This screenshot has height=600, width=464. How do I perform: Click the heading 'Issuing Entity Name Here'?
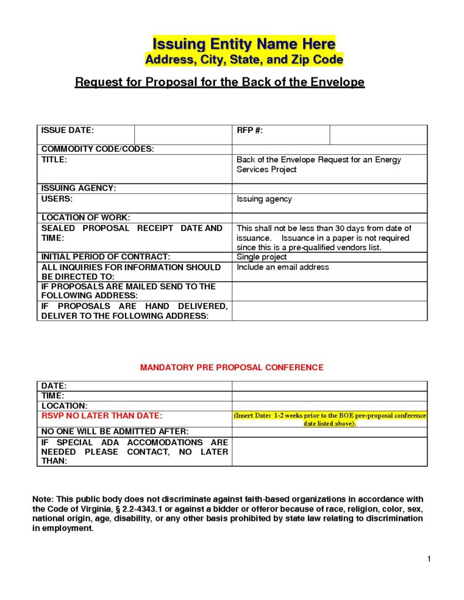point(243,44)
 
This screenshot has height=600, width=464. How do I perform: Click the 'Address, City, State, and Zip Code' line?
point(243,60)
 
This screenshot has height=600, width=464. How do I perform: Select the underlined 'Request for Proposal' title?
point(219,82)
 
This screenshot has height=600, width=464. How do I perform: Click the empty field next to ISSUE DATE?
point(183,134)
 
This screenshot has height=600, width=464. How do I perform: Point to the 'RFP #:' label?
point(249,130)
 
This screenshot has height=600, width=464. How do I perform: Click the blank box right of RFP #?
point(378,134)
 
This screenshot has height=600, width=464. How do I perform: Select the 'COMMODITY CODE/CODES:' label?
point(97,149)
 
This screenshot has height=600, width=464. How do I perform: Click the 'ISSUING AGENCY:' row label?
point(79,188)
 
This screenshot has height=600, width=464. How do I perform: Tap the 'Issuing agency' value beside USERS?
point(264,199)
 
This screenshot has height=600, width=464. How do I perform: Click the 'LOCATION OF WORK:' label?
point(86,217)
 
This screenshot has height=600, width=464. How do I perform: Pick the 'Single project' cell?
point(262,257)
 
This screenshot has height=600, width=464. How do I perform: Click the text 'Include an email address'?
point(283,267)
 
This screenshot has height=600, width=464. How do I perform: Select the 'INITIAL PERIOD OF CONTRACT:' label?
point(106,257)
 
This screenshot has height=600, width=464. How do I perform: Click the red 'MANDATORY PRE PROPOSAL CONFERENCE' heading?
point(232,367)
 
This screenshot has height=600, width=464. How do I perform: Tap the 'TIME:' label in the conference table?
point(53,396)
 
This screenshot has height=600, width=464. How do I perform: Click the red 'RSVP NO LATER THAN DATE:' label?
point(101,415)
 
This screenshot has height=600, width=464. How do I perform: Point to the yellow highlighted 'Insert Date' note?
point(330,419)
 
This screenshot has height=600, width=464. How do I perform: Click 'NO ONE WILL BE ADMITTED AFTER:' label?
point(114,431)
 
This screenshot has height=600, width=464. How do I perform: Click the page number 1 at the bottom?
point(429,558)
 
